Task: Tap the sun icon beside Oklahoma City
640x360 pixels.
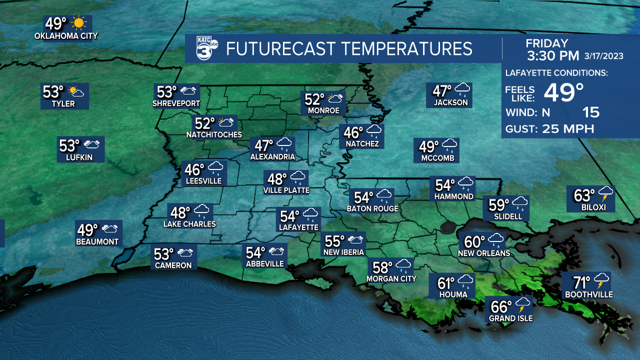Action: click(x=79, y=23)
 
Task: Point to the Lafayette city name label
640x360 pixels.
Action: click(x=299, y=227)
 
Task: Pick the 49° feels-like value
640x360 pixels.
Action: click(x=563, y=92)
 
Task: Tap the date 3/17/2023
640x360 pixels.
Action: click(x=604, y=56)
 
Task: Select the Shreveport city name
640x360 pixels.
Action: click(x=176, y=103)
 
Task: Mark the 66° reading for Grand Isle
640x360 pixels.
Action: click(x=501, y=306)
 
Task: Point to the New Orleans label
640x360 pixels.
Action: click(x=484, y=253)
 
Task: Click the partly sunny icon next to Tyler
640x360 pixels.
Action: click(x=76, y=92)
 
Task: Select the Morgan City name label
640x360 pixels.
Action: click(x=391, y=278)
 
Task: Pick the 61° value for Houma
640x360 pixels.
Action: click(x=446, y=283)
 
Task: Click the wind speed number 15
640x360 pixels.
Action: click(x=591, y=112)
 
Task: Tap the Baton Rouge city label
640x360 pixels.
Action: click(x=373, y=208)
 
